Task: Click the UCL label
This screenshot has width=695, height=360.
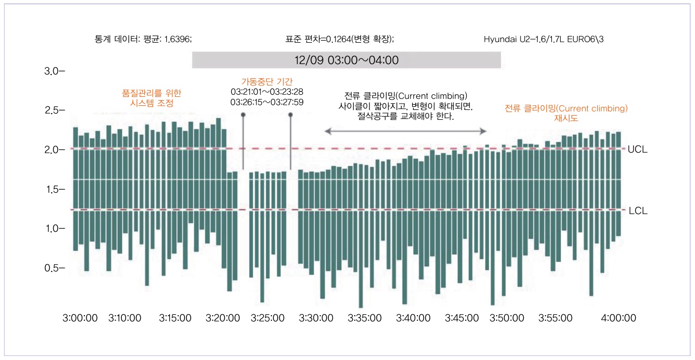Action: (637, 149)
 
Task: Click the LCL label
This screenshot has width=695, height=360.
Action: (637, 211)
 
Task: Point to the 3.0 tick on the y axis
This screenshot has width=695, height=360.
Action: (52, 71)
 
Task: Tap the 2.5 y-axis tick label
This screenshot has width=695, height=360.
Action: (52, 110)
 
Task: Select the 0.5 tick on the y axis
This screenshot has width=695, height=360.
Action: (52, 268)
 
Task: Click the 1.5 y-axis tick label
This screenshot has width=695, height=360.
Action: (52, 189)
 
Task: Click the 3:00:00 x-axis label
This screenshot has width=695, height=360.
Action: (80, 318)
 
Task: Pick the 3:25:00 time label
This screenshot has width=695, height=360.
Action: (267, 318)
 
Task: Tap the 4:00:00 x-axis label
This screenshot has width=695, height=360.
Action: (618, 318)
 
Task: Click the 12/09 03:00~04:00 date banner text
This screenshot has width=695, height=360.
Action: (346, 60)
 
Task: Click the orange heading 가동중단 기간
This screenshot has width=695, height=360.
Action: (267, 81)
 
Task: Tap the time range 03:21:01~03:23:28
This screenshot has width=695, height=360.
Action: (267, 92)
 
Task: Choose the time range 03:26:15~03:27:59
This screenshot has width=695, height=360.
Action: (267, 102)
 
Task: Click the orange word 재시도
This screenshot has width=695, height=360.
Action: (566, 119)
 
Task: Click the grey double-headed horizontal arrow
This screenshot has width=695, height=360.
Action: (405, 131)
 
